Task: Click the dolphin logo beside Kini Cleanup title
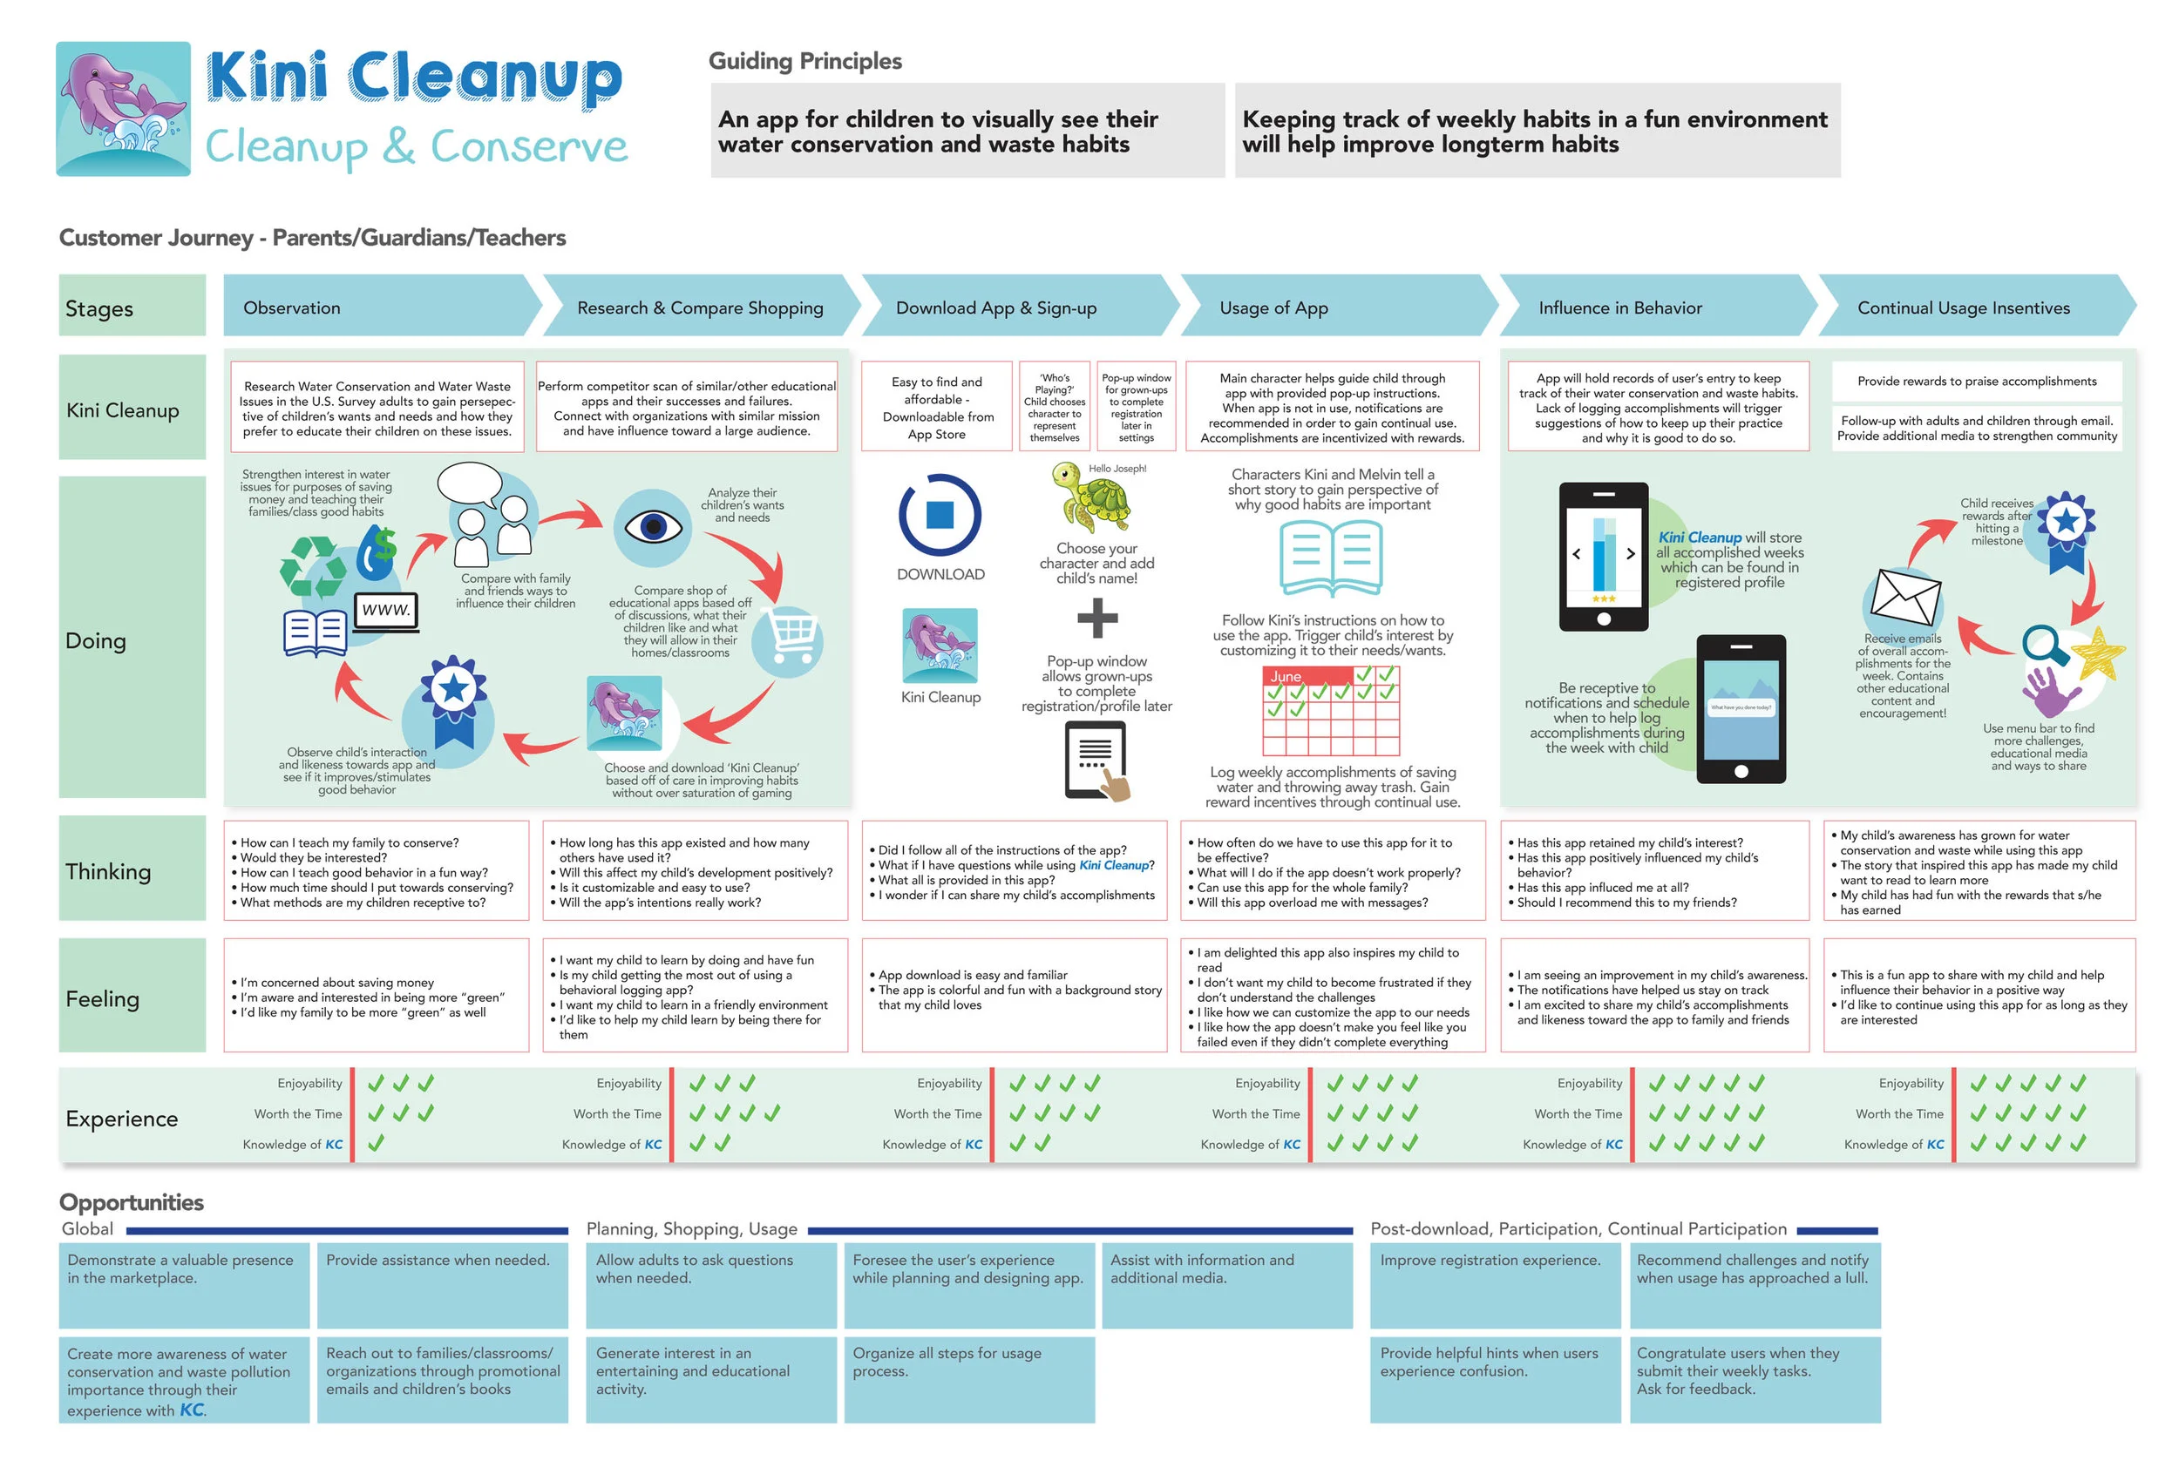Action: coord(123,109)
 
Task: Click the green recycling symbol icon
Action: coord(313,566)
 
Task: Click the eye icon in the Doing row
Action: coord(653,526)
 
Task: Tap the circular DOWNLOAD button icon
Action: coord(940,515)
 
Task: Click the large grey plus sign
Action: coord(1097,618)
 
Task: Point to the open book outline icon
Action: coord(1330,558)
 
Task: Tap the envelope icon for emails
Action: coord(1906,597)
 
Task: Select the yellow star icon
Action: coord(2097,653)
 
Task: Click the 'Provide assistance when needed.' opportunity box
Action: coord(443,1284)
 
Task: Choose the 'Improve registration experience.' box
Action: coord(1495,1284)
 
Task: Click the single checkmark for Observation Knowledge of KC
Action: coord(376,1143)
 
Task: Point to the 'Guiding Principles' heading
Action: coord(804,61)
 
